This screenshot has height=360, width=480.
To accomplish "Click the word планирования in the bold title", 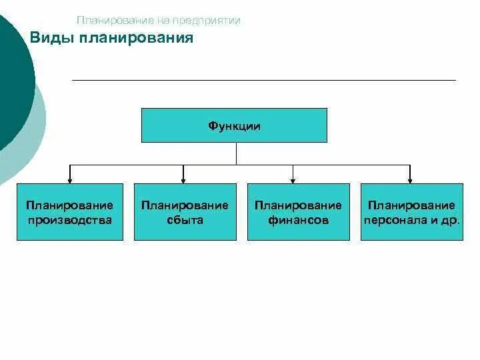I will point(136,38).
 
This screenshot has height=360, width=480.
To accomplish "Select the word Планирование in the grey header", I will point(108,21).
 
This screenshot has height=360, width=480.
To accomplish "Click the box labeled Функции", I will point(234,125).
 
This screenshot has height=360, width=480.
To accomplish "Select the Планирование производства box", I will point(70,212).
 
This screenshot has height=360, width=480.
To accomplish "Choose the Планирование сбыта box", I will point(185,212).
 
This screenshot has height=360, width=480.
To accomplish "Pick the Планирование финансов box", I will point(298,212).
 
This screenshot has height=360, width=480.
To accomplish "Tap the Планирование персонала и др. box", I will point(411,212).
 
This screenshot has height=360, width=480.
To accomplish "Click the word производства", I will point(70,219).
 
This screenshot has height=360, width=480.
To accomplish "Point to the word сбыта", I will point(185,219).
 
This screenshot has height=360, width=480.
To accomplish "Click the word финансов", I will point(298,219).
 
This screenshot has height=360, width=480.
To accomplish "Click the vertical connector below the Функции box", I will point(236,153).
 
